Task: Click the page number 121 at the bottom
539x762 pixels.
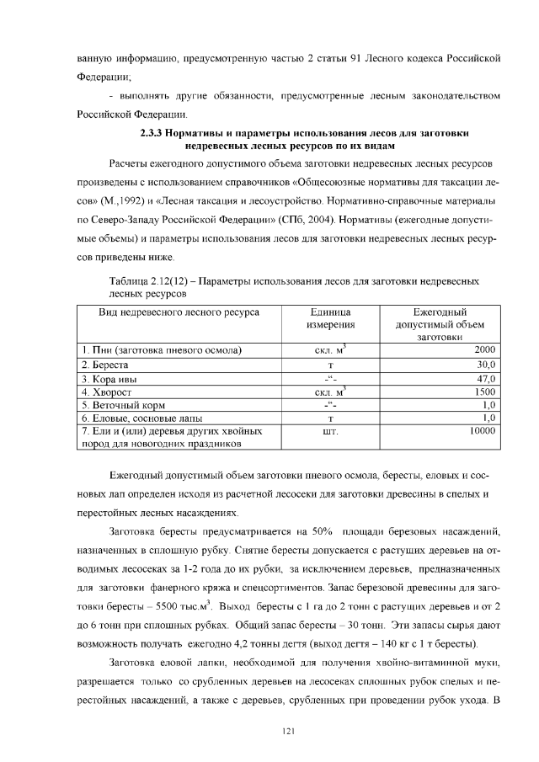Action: tap(287, 730)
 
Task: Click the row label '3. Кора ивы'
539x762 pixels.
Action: tap(109, 377)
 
